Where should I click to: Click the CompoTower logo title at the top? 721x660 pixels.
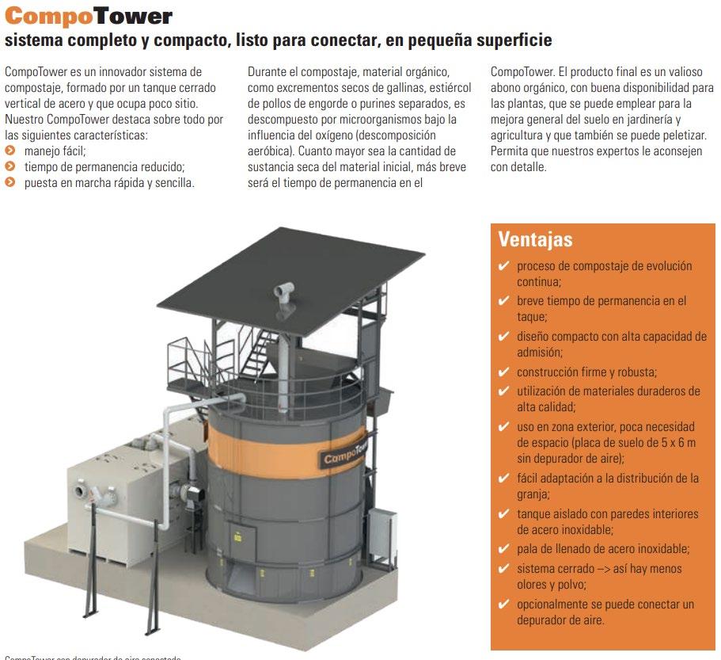tap(88, 16)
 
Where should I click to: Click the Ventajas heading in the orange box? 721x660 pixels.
tap(536, 238)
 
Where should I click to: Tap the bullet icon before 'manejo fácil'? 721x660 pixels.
tap(9, 149)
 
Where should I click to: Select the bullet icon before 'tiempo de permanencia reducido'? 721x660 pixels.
tap(9, 166)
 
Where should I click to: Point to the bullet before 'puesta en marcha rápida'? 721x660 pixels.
tap(9, 182)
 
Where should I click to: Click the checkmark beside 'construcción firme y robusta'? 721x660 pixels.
tap(503, 372)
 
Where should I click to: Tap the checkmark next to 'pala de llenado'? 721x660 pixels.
tap(503, 549)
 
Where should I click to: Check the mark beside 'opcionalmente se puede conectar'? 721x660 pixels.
tap(503, 605)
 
